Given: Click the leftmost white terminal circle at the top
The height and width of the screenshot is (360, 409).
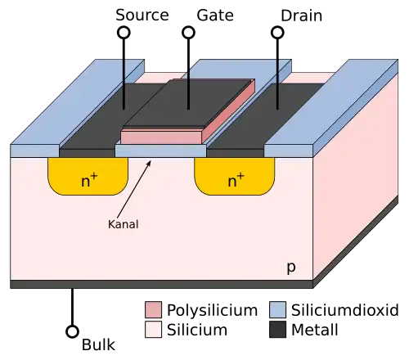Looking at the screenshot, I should coord(124,33).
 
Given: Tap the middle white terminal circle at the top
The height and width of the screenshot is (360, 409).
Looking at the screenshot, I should coord(189,33).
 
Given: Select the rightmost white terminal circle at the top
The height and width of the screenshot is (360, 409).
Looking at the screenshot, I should coord(277,33).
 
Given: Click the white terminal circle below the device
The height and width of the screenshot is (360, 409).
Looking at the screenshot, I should coord(72,331).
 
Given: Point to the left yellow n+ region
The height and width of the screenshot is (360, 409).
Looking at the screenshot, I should coord(88,177).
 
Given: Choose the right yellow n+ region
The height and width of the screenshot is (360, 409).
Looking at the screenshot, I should coord(234,177).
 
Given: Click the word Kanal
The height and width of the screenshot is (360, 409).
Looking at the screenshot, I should coord(123,223).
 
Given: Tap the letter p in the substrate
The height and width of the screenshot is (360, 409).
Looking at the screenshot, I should coord(290,268).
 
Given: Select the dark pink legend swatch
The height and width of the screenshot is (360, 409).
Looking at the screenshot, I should coord(153,310).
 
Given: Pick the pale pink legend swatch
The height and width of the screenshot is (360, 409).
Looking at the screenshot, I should coord(153,329).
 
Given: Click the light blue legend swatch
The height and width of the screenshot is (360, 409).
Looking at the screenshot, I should coord(277,310).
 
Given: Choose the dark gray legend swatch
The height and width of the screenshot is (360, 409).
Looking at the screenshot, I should coord(277,329).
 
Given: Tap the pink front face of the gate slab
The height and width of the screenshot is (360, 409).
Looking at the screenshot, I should coord(160,137).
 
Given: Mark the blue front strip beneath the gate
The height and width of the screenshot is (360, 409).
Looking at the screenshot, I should coord(160,151).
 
